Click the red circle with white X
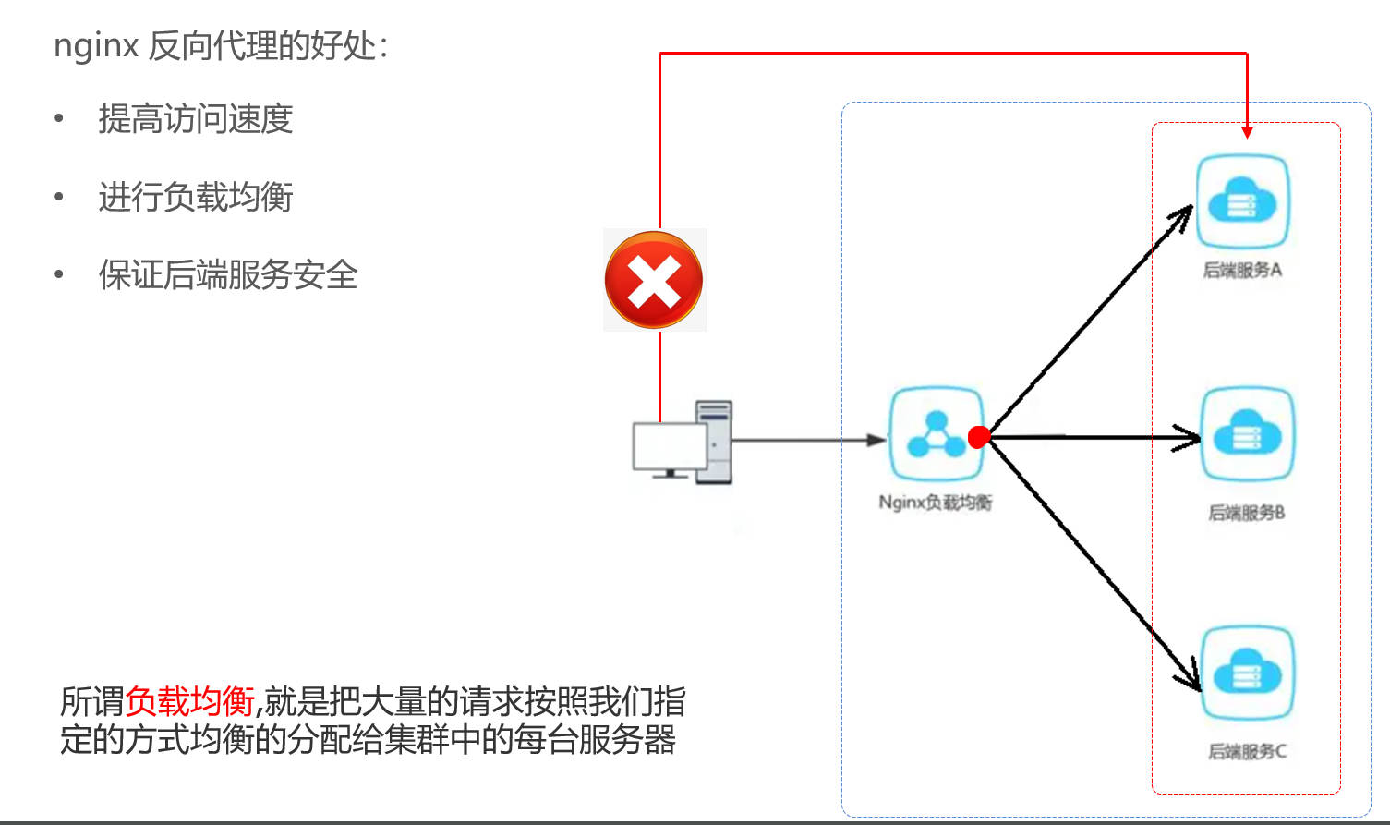654,279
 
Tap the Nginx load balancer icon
937,434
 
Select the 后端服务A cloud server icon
1243,201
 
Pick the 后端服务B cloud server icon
1247,434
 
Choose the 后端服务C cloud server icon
1247,673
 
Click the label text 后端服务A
1242,270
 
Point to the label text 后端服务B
1247,513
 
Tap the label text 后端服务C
1247,752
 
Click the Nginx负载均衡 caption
936,503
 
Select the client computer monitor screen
670,445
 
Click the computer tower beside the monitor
715,442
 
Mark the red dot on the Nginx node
979,437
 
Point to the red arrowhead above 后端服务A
1247,133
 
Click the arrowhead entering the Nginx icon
876,440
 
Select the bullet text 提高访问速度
196,118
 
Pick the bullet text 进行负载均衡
196,197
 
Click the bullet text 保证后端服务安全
228,274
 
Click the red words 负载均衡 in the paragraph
190,701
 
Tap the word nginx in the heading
96,46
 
